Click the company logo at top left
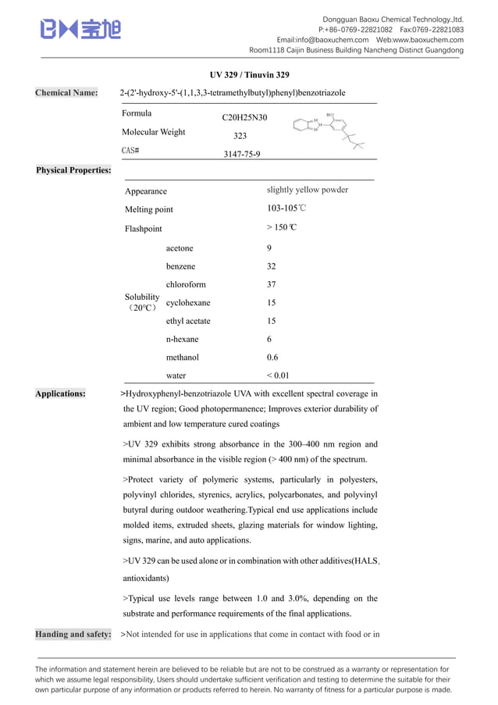tap(80, 30)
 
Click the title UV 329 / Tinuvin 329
tap(249, 75)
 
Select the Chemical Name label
tap(66, 93)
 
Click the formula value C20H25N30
tap(244, 118)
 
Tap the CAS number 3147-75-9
tap(242, 154)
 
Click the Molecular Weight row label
tap(154, 132)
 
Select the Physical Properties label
tap(73, 169)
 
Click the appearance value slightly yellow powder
tap(307, 190)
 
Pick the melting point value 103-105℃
tap(286, 209)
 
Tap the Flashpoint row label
tap(144, 229)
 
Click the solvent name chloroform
tap(186, 284)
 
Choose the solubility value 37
tap(271, 284)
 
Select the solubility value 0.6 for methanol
tap(272, 357)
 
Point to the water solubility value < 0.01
tap(278, 376)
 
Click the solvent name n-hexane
tap(182, 339)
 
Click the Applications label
tap(61, 393)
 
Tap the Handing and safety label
tap(73, 634)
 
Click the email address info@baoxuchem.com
tap(322, 40)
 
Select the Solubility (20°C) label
tap(142, 302)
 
